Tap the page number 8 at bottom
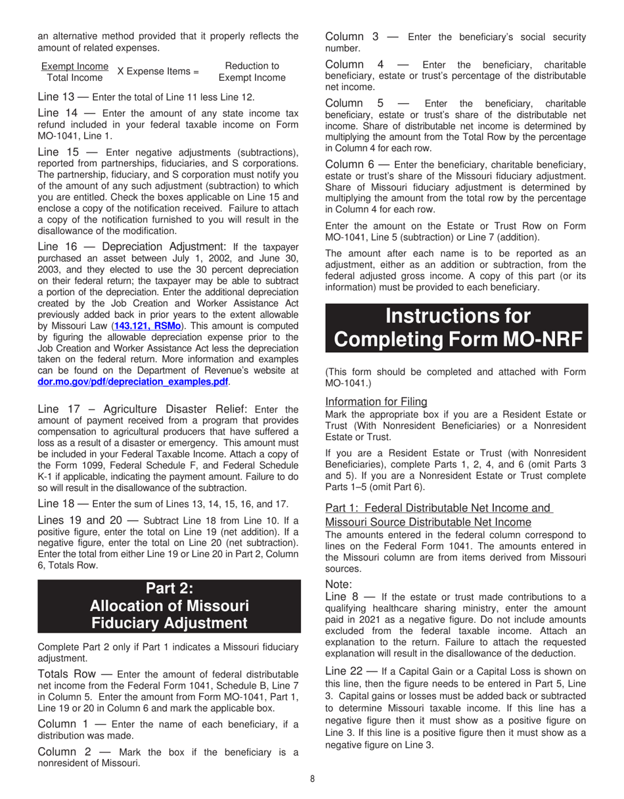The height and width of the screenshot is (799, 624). pos(313,779)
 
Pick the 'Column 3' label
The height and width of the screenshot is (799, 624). pos(351,36)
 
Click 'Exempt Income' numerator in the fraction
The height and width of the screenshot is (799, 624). pos(75,66)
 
